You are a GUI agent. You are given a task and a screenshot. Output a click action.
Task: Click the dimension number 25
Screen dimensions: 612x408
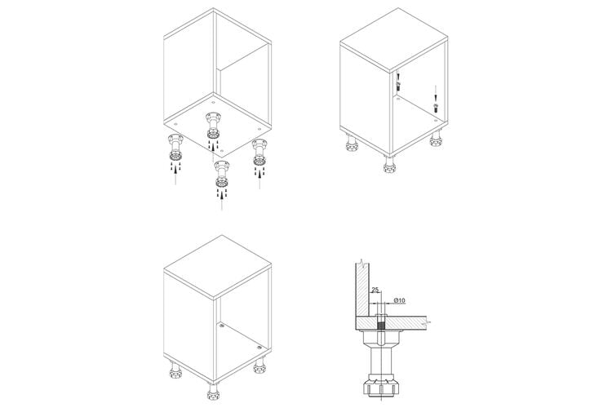tap(375, 290)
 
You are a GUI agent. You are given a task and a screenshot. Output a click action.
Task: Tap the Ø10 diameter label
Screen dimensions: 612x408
tap(400, 300)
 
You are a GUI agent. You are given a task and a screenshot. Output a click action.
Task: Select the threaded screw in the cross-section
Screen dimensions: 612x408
tap(381, 322)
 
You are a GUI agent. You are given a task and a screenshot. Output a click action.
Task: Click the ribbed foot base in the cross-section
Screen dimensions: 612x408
tap(381, 387)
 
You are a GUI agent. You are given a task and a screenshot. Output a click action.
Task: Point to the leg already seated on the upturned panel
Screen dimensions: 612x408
tap(213, 126)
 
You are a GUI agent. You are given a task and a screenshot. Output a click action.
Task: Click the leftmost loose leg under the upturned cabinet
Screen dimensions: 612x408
tap(175, 147)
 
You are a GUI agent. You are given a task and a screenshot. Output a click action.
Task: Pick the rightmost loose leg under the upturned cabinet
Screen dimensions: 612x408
tap(259, 153)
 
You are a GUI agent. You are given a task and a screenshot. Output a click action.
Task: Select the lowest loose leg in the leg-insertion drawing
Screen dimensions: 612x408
tap(222, 174)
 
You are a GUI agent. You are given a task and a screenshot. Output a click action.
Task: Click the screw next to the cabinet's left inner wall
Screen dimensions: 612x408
tap(398, 86)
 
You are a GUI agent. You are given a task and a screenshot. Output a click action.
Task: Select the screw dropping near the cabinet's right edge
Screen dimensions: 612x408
tap(436, 108)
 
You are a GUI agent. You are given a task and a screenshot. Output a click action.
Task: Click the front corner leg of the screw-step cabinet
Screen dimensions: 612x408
tap(389, 164)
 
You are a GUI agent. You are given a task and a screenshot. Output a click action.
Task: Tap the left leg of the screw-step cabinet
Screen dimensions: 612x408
tap(352, 144)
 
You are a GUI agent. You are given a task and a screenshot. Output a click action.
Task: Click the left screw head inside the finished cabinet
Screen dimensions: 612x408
tap(222, 325)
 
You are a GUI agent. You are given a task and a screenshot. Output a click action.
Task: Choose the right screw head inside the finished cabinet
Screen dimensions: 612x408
tap(259, 347)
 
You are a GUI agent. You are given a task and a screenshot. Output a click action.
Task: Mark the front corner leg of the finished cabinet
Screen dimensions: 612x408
tap(213, 391)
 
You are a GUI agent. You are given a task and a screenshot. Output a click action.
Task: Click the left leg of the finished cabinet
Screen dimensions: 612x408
tap(176, 370)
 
